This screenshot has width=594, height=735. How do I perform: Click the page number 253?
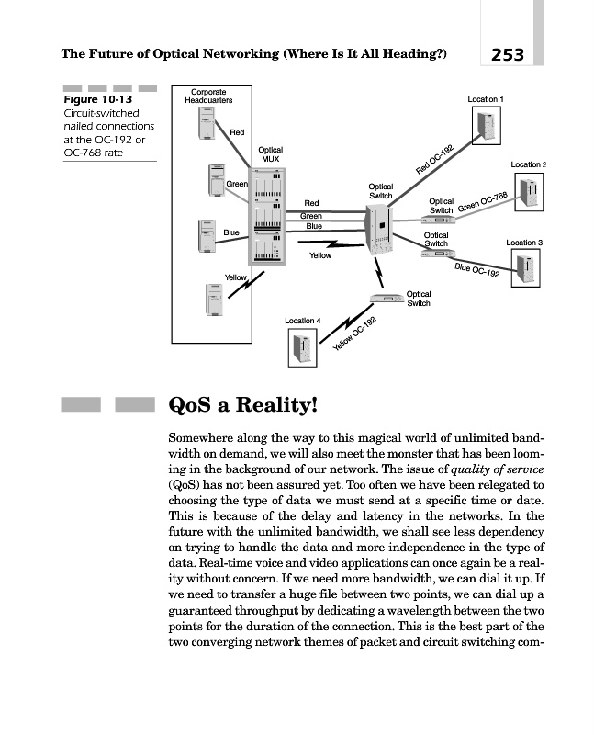pos(507,54)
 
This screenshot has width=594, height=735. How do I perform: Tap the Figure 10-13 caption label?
pos(95,99)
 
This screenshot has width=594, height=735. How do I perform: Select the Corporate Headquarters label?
pos(209,96)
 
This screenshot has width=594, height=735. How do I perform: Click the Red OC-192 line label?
pos(435,160)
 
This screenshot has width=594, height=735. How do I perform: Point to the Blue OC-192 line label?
pos(477,271)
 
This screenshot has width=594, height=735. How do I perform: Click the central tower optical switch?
pos(378,230)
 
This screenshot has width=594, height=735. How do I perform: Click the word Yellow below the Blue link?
pos(319,255)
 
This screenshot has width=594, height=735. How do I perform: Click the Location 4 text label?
pos(303,320)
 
